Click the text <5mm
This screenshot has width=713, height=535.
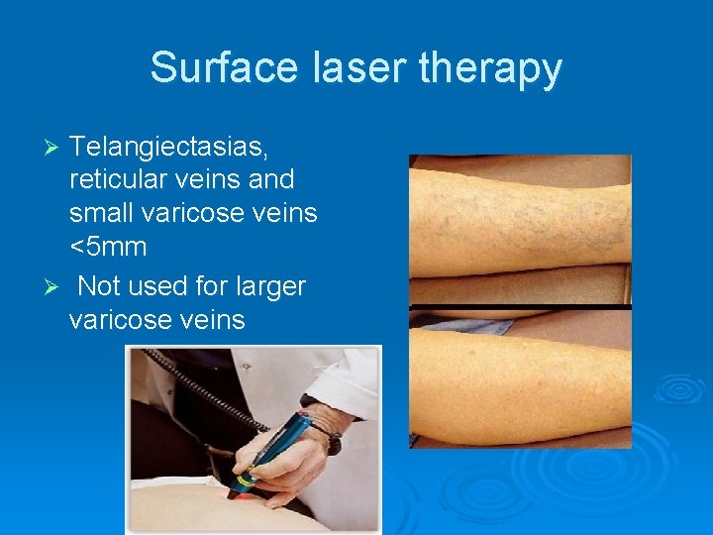(x=108, y=246)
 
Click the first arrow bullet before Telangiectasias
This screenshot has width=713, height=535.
(x=55, y=148)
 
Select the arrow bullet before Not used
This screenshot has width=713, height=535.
(x=55, y=287)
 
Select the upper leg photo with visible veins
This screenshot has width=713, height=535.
(x=520, y=228)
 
